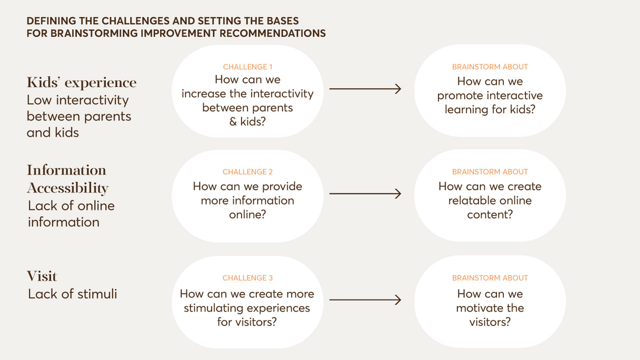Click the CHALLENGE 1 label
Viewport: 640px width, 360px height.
(x=247, y=67)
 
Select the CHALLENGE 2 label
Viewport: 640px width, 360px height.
(x=247, y=172)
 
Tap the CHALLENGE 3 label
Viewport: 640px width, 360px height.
(x=247, y=278)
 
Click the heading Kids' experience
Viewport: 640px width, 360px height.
(x=82, y=83)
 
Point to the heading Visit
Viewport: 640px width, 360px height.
(x=42, y=276)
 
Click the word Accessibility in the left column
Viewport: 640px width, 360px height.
(x=68, y=188)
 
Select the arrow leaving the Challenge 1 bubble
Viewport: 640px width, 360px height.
(x=365, y=89)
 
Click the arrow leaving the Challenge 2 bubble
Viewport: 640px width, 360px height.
(x=365, y=194)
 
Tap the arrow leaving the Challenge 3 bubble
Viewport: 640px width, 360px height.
(x=365, y=300)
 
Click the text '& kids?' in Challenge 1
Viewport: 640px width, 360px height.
(x=247, y=122)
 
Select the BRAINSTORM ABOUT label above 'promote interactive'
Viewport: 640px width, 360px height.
(x=490, y=67)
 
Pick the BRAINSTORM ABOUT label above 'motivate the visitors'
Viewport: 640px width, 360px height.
(x=490, y=278)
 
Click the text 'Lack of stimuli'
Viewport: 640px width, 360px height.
(x=73, y=294)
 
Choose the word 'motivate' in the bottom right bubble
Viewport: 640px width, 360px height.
(x=478, y=308)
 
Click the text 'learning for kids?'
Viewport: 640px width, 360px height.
(x=490, y=110)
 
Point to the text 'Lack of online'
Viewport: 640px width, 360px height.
(x=71, y=206)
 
